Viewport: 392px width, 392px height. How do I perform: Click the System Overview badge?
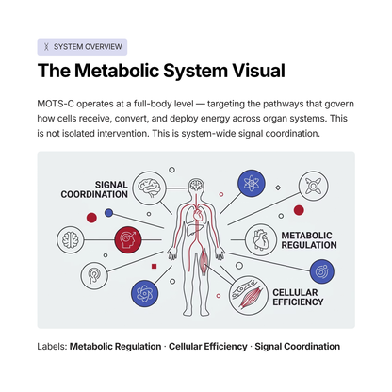click(82, 47)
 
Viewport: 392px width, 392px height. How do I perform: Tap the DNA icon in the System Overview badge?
click(46, 47)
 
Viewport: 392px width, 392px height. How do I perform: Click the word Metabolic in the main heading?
click(117, 71)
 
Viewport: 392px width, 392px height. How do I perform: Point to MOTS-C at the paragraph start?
click(56, 104)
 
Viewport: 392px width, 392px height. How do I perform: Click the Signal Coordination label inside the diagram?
click(94, 189)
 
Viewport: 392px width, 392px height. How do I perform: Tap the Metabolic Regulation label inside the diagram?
click(309, 240)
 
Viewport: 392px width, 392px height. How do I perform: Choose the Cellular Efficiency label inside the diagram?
click(298, 297)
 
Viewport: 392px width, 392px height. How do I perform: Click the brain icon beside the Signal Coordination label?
click(149, 188)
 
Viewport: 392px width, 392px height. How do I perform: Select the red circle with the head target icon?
click(128, 239)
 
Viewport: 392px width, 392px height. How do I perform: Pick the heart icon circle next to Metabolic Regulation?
click(261, 239)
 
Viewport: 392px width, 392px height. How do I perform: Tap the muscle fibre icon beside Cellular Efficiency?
click(249, 296)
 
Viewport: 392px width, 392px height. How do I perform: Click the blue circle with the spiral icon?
click(322, 271)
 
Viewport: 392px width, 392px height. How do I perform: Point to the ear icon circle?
click(94, 276)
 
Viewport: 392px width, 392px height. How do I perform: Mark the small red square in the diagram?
click(154, 267)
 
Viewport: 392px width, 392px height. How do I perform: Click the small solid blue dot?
click(108, 213)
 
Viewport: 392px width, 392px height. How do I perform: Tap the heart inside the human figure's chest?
click(198, 215)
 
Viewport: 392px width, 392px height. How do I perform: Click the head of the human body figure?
click(196, 185)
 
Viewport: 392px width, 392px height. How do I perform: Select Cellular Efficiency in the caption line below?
click(208, 346)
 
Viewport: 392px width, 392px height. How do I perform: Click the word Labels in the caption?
click(52, 346)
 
